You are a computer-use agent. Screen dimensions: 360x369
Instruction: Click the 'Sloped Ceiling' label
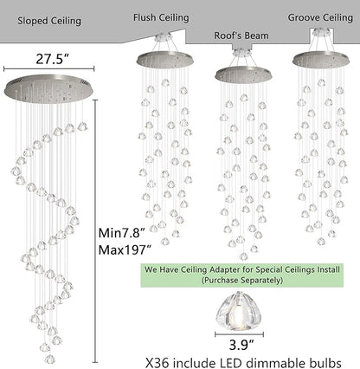click(49, 21)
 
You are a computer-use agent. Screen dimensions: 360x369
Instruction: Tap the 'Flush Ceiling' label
click(161, 17)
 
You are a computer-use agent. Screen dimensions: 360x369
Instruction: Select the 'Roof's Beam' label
click(241, 36)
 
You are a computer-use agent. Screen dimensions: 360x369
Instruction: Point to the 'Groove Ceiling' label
click(320, 17)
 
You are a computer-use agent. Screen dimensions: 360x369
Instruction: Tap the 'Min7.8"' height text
click(121, 233)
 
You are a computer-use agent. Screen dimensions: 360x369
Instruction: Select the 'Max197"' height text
click(125, 249)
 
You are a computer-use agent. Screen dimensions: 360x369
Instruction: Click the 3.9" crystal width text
click(241, 345)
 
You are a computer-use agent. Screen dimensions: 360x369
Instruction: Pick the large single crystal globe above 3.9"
click(238, 311)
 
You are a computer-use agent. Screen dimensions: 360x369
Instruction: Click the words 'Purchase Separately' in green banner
click(241, 280)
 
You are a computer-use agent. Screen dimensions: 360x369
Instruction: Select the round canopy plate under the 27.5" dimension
click(49, 88)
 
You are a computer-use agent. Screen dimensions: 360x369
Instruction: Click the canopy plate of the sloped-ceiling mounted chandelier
click(164, 59)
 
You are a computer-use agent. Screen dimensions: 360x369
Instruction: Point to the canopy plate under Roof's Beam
click(243, 74)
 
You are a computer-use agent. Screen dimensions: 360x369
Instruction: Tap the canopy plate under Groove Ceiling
click(321, 59)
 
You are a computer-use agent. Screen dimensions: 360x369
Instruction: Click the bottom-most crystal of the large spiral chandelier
click(50, 359)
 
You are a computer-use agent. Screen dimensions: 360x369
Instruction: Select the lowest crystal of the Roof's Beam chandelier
click(243, 256)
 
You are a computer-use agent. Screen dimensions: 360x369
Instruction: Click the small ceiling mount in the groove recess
click(322, 32)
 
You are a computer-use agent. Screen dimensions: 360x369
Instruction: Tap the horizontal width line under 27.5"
click(49, 68)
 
